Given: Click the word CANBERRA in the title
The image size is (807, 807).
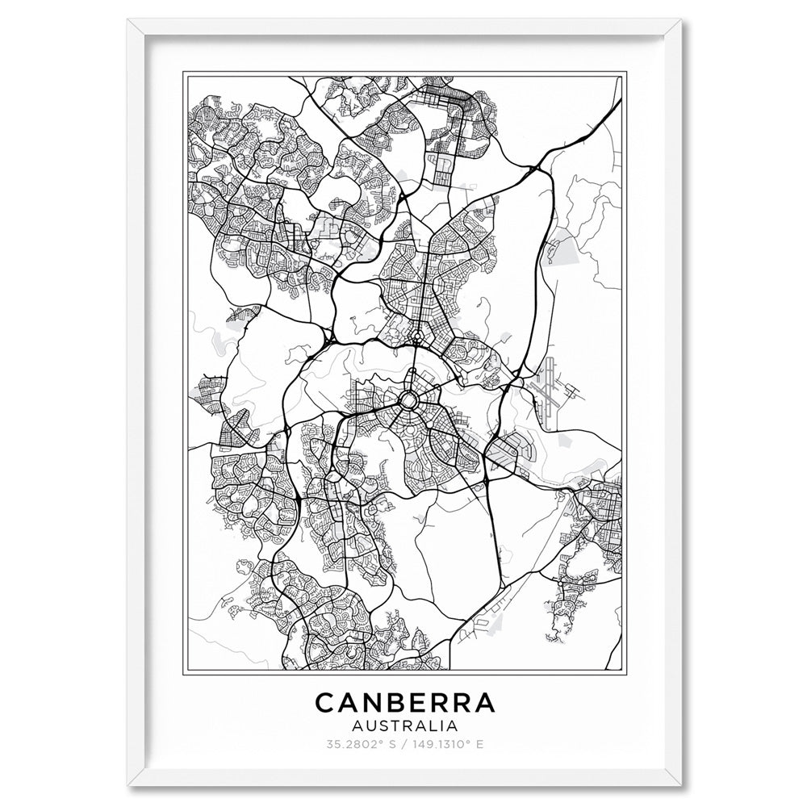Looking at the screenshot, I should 404,703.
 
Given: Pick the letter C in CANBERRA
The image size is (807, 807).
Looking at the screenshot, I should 324,703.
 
